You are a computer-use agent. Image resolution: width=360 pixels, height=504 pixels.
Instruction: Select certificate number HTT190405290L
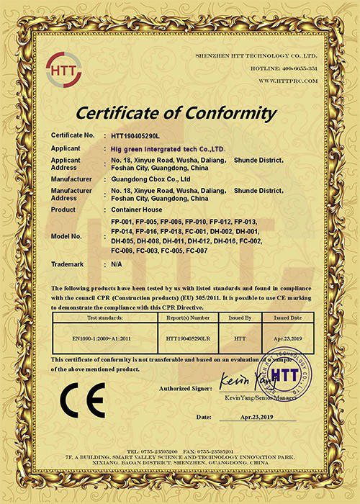(137, 135)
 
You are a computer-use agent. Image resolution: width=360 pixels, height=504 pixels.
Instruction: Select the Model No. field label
(67, 235)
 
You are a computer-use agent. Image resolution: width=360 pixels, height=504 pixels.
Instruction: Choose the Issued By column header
(240, 317)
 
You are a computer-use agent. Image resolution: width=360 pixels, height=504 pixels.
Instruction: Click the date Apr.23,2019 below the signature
(258, 417)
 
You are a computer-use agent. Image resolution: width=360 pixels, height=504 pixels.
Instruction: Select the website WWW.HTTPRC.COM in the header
(287, 81)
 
